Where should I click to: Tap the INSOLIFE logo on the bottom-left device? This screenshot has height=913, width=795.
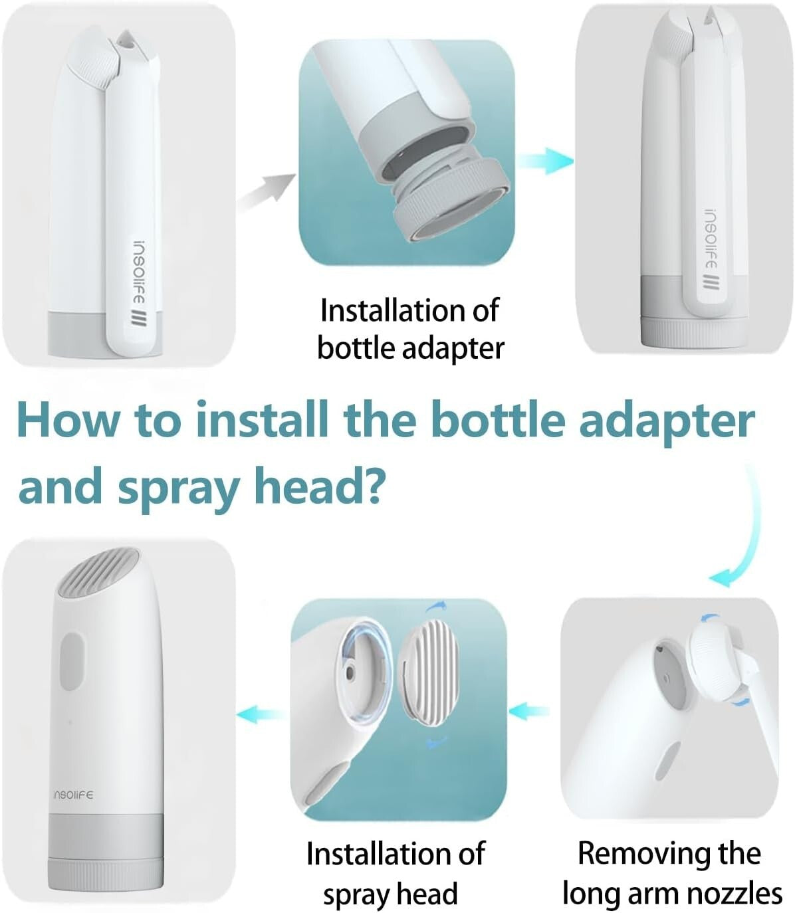point(73,795)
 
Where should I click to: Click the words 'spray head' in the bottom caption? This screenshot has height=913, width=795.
point(391,894)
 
